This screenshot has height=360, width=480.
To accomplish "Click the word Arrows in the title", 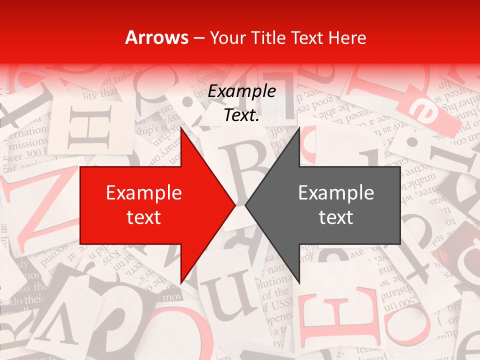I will coord(157,37).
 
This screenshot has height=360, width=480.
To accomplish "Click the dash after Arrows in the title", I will coord(199,38).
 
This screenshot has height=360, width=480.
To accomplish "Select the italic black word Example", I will coord(242,91).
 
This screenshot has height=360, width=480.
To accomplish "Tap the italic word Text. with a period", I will coord(242,115).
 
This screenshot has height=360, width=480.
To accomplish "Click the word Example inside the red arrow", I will coord(144,193).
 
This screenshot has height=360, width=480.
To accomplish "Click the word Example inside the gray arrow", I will coord(336,193).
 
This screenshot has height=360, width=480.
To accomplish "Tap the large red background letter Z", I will coord(37,210).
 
